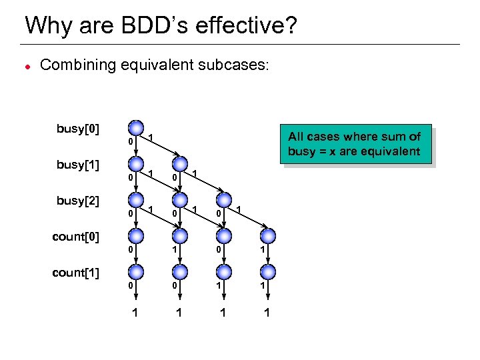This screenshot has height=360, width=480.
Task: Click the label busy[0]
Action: pos(78,129)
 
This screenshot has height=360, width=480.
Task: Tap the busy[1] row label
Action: pos(78,165)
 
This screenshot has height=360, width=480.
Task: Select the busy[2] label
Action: pos(78,201)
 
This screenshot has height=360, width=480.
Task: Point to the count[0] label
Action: pos(75,237)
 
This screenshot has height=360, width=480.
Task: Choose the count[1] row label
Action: pos(75,273)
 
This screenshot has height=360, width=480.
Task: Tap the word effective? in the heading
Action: pos(251,26)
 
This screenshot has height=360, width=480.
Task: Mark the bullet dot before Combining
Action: pos(26,67)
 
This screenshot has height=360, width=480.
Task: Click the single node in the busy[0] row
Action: pos(136,127)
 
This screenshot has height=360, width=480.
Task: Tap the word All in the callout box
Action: pos(296,137)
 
